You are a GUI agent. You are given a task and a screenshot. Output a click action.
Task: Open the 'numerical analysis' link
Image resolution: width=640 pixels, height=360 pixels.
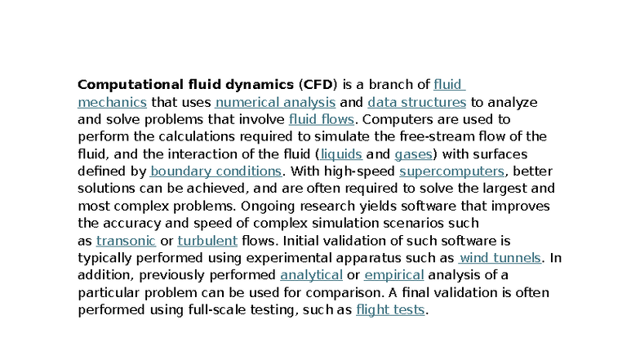(276, 102)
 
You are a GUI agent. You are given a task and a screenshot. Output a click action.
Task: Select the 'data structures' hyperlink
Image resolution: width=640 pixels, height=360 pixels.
(416, 102)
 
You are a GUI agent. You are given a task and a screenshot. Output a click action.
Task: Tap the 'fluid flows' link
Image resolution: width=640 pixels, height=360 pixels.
(322, 119)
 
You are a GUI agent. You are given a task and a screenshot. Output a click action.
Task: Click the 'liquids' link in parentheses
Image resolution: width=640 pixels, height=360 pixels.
(341, 153)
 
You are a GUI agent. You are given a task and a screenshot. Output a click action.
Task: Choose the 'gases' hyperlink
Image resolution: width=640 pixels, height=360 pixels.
(413, 154)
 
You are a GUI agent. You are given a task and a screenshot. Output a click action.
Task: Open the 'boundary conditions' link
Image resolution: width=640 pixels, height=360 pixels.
(216, 171)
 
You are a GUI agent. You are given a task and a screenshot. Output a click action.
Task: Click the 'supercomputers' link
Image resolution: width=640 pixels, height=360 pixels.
(452, 171)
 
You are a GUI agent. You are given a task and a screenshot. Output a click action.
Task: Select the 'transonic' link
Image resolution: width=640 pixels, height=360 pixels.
(126, 241)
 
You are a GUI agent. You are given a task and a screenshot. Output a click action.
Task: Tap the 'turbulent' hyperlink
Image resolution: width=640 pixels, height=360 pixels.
(207, 241)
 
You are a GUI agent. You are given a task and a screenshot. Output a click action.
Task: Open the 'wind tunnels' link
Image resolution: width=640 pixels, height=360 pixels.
(500, 258)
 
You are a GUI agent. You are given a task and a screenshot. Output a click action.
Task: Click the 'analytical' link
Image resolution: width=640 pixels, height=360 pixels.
(312, 275)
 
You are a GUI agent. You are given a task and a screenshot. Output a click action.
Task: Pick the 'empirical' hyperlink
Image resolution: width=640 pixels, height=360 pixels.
(393, 275)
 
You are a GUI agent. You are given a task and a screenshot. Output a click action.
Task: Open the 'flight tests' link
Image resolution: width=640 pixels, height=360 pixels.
(390, 310)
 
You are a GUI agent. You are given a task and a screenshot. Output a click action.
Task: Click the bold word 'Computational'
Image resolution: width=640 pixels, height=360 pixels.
(131, 85)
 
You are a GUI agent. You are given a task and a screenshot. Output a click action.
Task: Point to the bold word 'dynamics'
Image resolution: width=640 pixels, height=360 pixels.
(260, 85)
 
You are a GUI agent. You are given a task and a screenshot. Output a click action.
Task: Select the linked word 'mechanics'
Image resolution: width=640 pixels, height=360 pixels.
(113, 102)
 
